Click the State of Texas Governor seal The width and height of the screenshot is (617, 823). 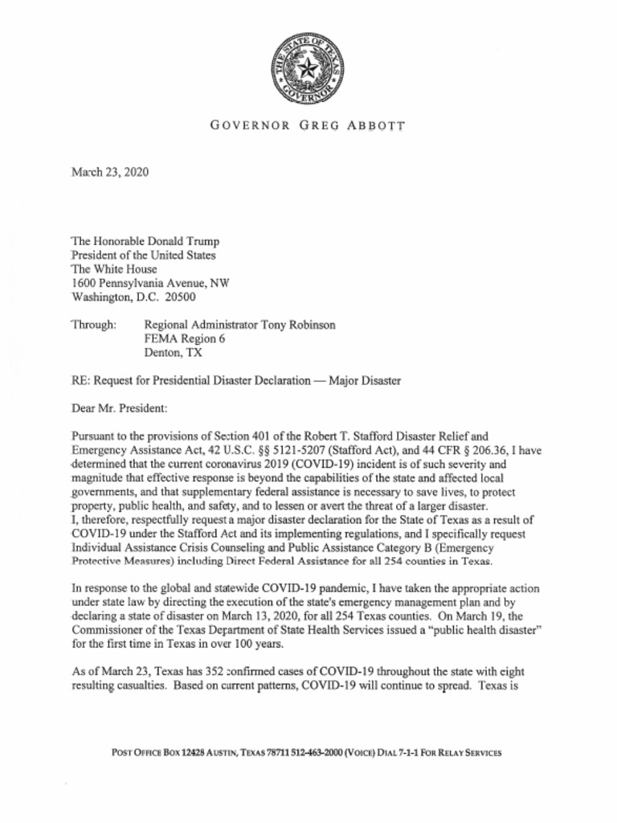pyautogui.click(x=308, y=71)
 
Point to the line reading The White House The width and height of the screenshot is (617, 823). pyautogui.click(x=114, y=269)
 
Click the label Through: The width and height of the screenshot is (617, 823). pyautogui.click(x=94, y=325)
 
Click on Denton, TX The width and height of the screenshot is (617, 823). pyautogui.click(x=173, y=352)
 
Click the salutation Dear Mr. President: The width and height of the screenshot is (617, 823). pyautogui.click(x=120, y=408)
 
